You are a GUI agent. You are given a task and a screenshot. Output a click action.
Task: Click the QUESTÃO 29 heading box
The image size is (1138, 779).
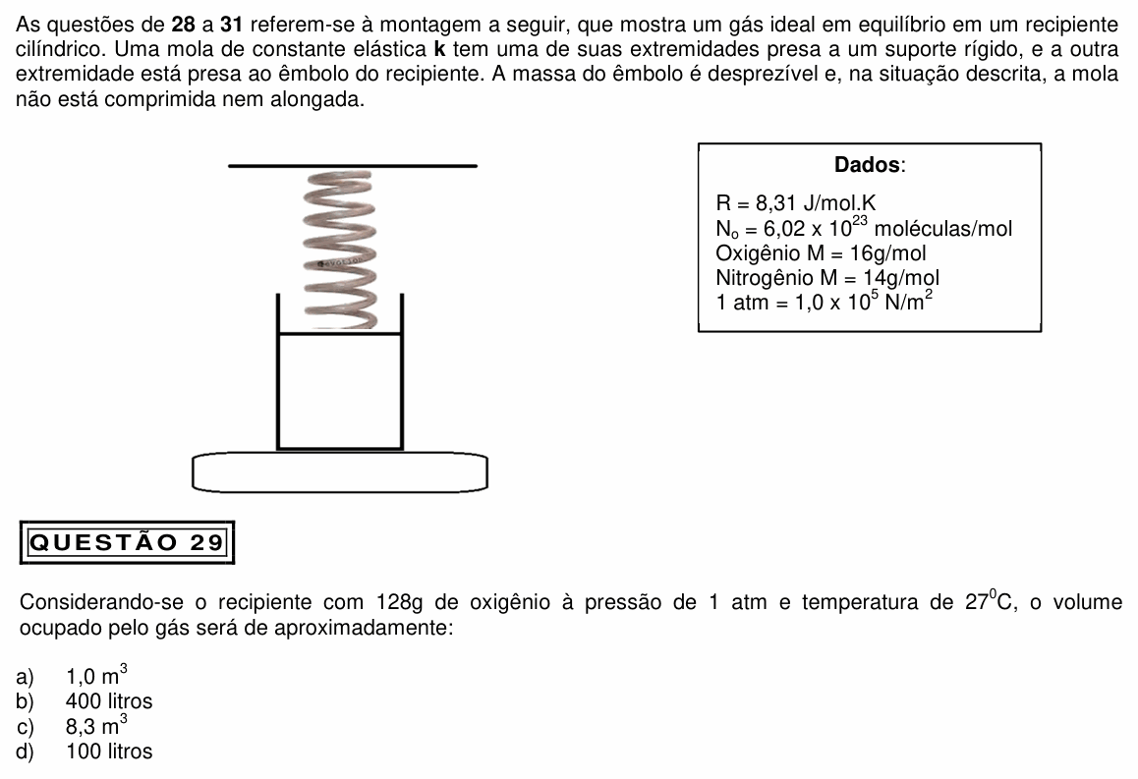pyautogui.click(x=127, y=542)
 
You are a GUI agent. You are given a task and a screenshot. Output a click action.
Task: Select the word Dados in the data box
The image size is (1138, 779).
pyautogui.click(x=868, y=165)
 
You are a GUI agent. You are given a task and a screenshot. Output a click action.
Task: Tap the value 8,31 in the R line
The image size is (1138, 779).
pyautogui.click(x=775, y=203)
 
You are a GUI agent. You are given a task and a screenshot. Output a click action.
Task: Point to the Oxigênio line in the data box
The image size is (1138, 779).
pyautogui.click(x=821, y=253)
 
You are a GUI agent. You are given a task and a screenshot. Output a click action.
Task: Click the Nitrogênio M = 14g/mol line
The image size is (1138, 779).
pyautogui.click(x=827, y=278)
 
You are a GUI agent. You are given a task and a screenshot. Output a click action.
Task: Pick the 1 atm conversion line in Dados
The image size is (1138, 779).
pyautogui.click(x=824, y=301)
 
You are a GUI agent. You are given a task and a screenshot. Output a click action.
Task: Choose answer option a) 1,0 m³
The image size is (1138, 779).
pyautogui.click(x=72, y=675)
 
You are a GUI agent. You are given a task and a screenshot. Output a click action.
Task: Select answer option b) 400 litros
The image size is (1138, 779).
pyautogui.click(x=85, y=701)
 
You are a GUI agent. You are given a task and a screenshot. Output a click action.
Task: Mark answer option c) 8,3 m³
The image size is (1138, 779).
pyautogui.click(x=72, y=725)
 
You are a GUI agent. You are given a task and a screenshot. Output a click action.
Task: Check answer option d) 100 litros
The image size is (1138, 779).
pyautogui.click(x=85, y=751)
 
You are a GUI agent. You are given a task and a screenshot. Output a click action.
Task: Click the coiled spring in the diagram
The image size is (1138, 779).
pyautogui.click(x=340, y=250)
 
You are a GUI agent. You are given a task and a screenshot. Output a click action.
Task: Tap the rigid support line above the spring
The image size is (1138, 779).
pyautogui.click(x=353, y=166)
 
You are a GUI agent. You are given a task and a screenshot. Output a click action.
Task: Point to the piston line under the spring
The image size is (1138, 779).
pyautogui.click(x=340, y=334)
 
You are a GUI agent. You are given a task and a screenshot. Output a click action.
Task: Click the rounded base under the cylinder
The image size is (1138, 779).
pyautogui.click(x=340, y=473)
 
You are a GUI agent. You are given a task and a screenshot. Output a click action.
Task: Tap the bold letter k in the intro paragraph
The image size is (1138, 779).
pyautogui.click(x=438, y=49)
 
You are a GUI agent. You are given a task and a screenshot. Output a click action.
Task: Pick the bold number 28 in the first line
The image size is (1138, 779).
pyautogui.click(x=184, y=25)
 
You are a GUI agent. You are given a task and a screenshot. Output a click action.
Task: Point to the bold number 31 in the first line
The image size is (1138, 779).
pyautogui.click(x=231, y=25)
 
